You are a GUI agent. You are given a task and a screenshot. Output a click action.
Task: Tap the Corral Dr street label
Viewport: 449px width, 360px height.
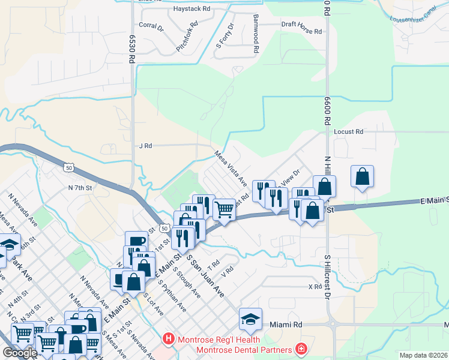[151, 26]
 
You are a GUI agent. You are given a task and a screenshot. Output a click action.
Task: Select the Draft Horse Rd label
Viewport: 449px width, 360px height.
[301, 25]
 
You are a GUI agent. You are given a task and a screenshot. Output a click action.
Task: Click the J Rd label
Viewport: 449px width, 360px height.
[145, 145]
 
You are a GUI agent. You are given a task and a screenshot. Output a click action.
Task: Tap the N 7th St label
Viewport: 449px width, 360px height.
[80, 188]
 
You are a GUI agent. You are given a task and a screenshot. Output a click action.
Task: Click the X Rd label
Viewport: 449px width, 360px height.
[315, 287]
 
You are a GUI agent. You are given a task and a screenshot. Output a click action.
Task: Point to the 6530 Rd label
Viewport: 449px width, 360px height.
[130, 49]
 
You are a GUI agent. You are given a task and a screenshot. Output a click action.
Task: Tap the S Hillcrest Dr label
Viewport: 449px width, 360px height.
[328, 277]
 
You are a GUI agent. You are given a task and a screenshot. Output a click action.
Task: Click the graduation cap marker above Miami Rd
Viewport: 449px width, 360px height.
[251, 319]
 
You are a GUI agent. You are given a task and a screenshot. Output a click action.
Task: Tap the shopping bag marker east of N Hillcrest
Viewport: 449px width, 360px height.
[362, 177]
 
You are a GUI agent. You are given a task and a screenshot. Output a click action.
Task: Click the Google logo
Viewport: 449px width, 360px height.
[20, 353]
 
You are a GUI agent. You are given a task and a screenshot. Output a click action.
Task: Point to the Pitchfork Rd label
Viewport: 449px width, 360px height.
[187, 36]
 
